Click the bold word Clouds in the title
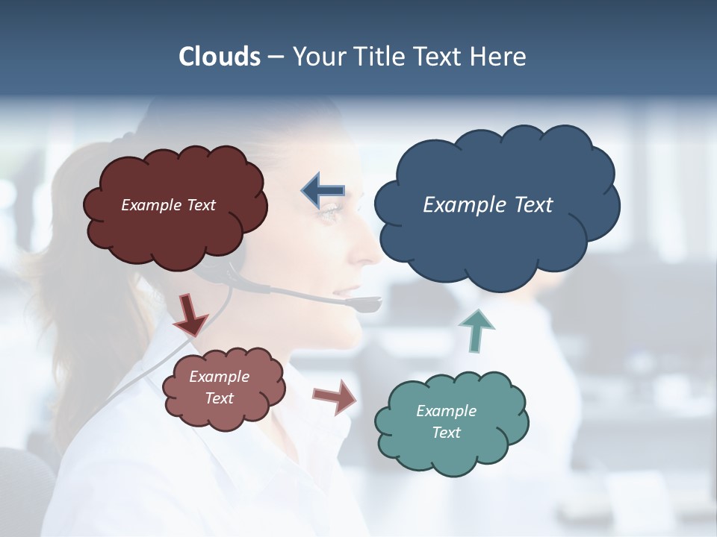tap(220, 57)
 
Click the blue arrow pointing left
tap(323, 191)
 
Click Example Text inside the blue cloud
tap(488, 205)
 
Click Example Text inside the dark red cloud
tap(168, 205)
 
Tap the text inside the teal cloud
tap(446, 421)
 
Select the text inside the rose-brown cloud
tap(219, 387)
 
